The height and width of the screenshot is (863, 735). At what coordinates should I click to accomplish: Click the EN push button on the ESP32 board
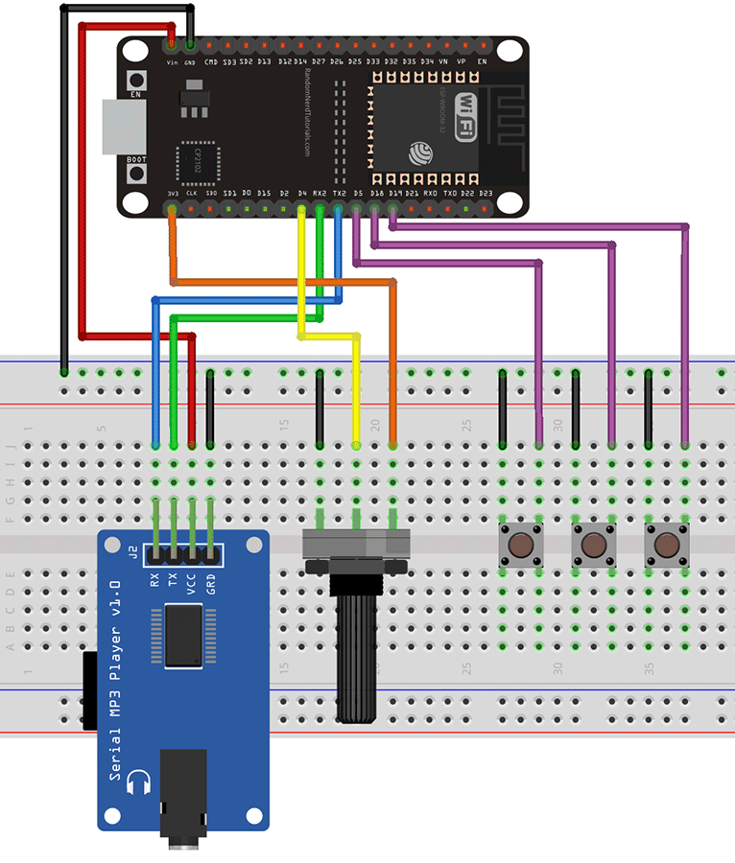[137, 81]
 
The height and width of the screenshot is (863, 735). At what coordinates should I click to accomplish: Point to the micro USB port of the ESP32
[119, 126]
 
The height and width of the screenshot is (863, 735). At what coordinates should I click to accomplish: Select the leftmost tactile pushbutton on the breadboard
[520, 546]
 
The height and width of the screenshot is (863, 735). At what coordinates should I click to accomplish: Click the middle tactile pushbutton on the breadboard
[593, 546]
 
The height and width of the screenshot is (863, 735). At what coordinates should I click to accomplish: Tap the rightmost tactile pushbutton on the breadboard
[666, 546]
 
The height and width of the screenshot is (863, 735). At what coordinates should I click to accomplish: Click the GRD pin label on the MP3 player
[211, 584]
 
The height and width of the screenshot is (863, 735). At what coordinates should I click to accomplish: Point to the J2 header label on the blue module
[132, 552]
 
